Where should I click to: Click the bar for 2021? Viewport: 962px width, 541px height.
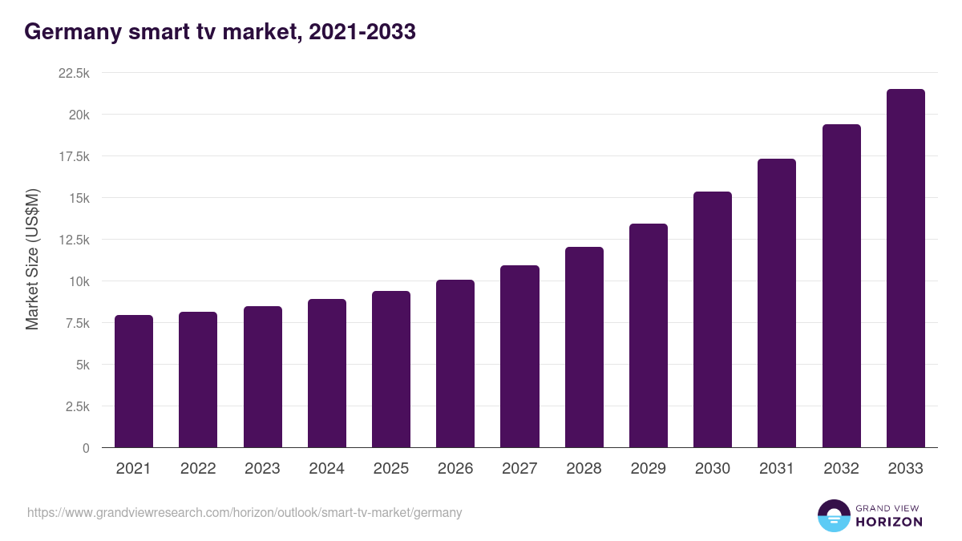(134, 382)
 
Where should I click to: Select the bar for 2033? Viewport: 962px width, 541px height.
(905, 268)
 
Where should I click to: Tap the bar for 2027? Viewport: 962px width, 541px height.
(519, 357)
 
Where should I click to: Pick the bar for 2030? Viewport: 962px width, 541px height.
(713, 320)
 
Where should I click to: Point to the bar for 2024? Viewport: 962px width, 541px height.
(327, 373)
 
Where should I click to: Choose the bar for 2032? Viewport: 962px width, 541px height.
(841, 286)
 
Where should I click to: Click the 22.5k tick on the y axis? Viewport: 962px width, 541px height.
(74, 73)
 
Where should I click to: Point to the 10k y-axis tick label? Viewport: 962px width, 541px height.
(79, 281)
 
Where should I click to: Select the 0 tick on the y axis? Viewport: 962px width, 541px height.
(85, 448)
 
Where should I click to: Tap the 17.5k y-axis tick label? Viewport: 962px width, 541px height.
(74, 156)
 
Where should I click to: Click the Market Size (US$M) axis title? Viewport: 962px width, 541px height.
(32, 259)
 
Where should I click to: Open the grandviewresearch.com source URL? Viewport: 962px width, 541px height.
(245, 512)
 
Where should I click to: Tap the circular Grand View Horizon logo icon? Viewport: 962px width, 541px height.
(834, 515)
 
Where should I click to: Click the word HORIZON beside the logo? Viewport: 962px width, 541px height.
(889, 522)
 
